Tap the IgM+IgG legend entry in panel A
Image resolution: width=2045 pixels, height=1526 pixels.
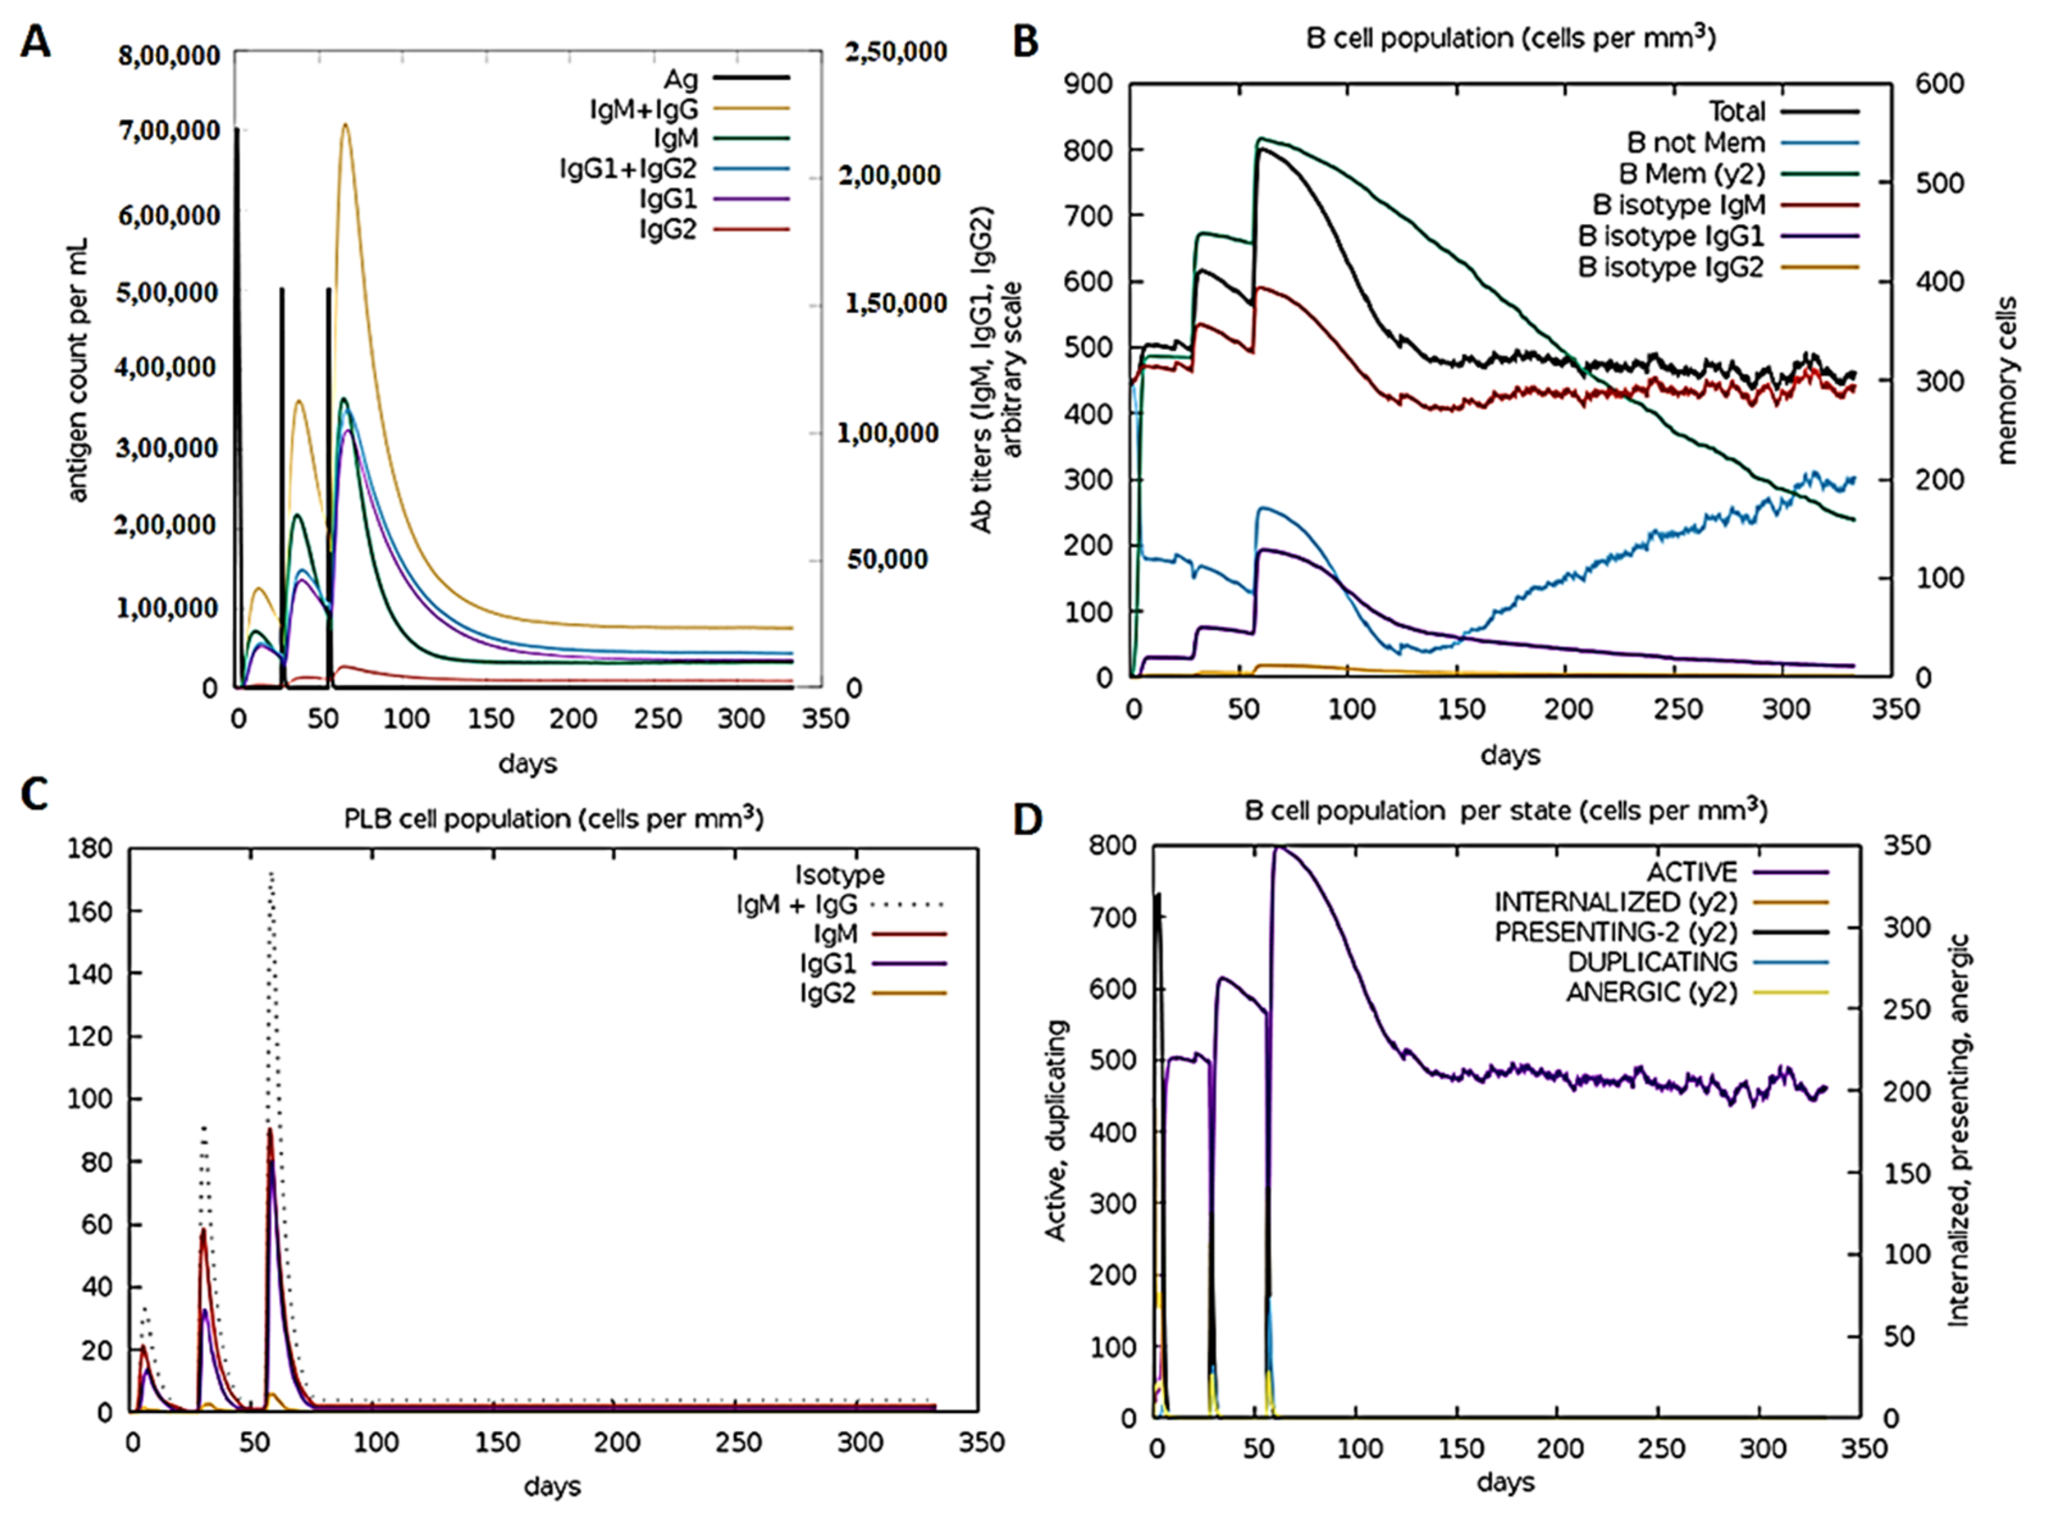click(644, 109)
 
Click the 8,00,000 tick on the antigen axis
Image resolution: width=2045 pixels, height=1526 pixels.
click(169, 55)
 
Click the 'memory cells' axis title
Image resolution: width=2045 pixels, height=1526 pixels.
click(2006, 380)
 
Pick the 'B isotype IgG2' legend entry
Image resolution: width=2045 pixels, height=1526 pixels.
click(1670, 267)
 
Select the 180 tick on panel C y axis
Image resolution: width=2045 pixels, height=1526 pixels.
click(91, 848)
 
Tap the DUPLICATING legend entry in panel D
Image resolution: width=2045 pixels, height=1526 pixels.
click(1651, 961)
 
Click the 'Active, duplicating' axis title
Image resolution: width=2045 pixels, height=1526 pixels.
click(1055, 1131)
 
